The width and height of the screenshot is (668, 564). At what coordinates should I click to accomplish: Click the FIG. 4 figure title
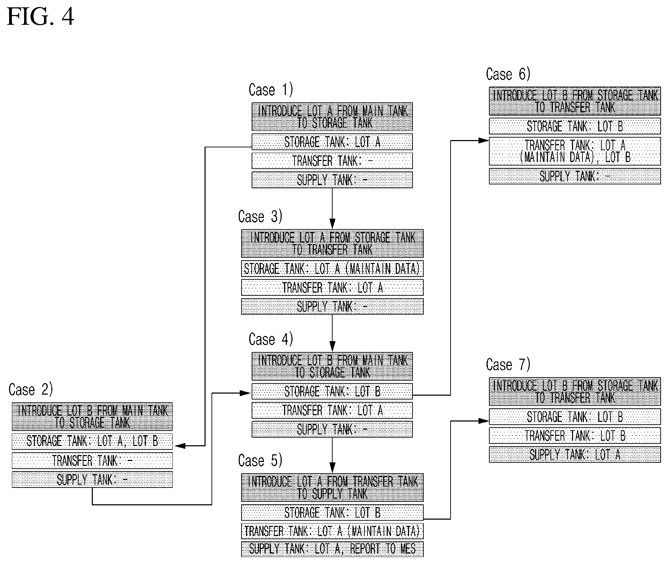click(x=40, y=16)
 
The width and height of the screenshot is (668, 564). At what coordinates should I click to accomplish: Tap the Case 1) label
click(x=271, y=90)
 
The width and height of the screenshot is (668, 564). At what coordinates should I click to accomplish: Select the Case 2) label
click(x=31, y=389)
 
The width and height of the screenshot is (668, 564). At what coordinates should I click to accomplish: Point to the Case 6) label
click(x=508, y=74)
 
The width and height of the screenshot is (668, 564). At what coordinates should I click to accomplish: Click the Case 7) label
click(x=508, y=365)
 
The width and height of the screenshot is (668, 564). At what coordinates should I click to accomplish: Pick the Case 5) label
click(x=260, y=461)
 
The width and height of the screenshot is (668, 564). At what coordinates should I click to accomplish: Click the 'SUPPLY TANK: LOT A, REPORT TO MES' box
click(x=332, y=549)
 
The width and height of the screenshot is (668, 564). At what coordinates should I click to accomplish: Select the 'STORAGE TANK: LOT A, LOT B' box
click(x=92, y=441)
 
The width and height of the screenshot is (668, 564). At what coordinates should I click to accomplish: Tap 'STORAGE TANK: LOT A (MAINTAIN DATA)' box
click(x=332, y=269)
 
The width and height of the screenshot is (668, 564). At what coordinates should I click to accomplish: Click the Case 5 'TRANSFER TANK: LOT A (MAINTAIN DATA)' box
click(x=332, y=531)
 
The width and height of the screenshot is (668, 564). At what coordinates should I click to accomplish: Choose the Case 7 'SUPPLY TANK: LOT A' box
click(x=575, y=454)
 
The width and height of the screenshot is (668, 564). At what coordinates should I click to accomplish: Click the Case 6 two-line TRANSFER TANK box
click(x=575, y=151)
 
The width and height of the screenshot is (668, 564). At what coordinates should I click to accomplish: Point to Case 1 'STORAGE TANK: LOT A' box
click(x=332, y=142)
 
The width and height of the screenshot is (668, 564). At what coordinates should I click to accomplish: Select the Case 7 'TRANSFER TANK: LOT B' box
click(x=575, y=435)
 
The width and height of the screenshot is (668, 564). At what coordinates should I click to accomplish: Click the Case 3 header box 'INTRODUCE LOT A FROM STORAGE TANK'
click(x=332, y=243)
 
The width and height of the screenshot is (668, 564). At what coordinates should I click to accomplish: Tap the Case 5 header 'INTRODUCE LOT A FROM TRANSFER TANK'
click(x=332, y=488)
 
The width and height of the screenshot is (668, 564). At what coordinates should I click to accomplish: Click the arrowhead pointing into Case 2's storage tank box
click(x=179, y=446)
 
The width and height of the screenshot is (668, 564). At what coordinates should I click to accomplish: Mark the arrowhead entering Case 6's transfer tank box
click(x=484, y=140)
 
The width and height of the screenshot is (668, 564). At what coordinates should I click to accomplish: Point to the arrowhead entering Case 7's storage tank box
click(x=484, y=421)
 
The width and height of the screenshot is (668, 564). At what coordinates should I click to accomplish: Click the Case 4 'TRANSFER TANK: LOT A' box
click(x=332, y=410)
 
